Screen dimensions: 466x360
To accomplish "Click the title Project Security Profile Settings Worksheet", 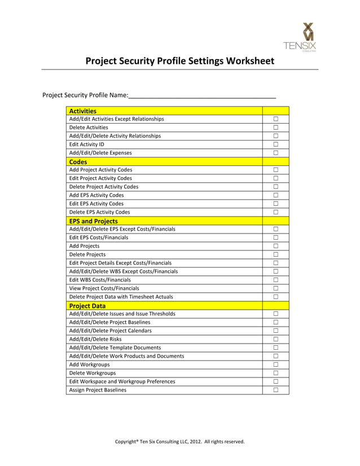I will tap(179, 61).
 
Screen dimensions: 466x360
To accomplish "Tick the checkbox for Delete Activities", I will tap(276, 128).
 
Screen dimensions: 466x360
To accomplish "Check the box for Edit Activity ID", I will tap(276, 144).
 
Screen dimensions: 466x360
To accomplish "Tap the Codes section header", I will tap(78, 162).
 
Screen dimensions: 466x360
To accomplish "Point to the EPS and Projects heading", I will tap(93, 221).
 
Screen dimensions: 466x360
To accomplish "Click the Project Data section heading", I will tap(87, 306).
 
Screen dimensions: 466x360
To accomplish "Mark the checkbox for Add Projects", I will tap(276, 246).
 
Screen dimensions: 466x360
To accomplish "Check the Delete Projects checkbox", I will tap(276, 254).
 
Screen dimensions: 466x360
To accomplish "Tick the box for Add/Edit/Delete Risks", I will tap(276, 339).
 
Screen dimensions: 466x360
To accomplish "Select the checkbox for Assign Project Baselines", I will tap(276, 390).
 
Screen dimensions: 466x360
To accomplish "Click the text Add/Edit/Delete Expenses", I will tap(100, 153).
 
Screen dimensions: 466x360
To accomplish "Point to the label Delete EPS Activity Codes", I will tap(99, 212).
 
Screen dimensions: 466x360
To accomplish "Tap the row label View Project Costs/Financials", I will tap(104, 288).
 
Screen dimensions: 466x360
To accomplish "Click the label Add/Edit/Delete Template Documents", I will tap(115, 348).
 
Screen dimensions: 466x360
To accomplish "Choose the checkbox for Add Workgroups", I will tap(276, 364).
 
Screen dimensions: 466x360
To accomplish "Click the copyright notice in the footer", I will tap(180, 442).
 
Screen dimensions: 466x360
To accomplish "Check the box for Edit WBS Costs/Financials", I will tap(276, 280).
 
